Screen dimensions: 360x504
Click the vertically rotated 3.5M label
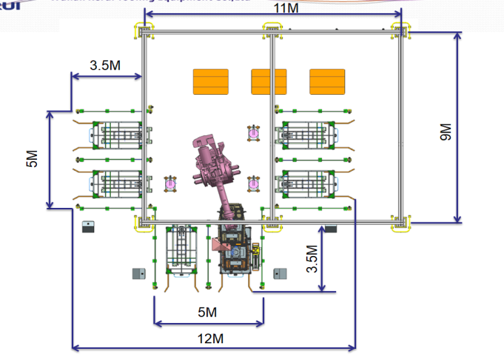tap(313, 257)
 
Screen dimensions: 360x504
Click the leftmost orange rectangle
tap(211, 82)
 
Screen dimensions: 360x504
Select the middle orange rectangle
tap(268, 82)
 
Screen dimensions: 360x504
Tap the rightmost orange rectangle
tap(327, 82)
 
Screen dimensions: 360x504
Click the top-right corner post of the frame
tap(402, 31)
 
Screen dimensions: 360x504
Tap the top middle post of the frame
tap(271, 31)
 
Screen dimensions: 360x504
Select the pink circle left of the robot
tap(169, 183)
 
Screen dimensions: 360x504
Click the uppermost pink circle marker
tap(253, 131)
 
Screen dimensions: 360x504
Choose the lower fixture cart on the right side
tap(304, 183)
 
